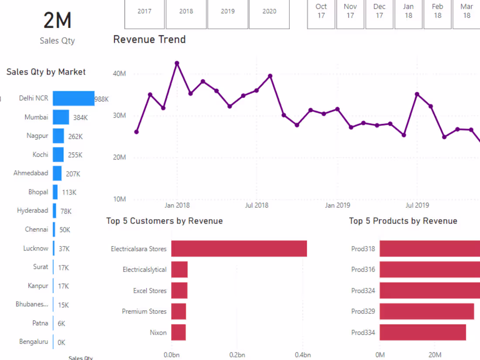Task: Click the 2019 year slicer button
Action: [x=227, y=12]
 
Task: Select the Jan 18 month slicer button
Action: [x=408, y=11]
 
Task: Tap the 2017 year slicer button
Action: [x=144, y=12]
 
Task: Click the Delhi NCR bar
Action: [x=73, y=99]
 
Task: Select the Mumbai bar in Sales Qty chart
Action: [x=61, y=117]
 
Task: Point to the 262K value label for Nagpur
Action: [x=75, y=137]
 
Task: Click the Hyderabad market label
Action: [x=33, y=211]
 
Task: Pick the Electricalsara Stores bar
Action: [x=239, y=249]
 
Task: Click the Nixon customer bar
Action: [x=178, y=333]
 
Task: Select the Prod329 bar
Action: [x=426, y=312]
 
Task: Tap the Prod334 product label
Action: [x=363, y=333]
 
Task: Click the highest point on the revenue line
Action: [x=177, y=63]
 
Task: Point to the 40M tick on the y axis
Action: [x=119, y=74]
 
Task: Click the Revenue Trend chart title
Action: [x=149, y=40]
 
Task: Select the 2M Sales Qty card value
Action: [x=57, y=21]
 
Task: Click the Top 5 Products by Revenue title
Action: [x=403, y=221]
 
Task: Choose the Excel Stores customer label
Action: [x=150, y=291]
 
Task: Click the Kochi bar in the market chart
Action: [x=58, y=155]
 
